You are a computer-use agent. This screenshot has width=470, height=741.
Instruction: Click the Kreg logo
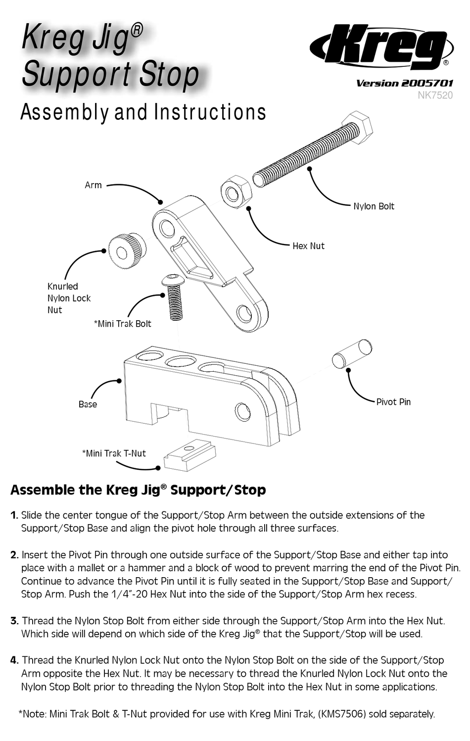pos(381,47)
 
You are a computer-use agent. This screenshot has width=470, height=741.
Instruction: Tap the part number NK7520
pos(435,95)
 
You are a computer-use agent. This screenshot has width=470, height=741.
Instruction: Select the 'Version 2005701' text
pos(404,83)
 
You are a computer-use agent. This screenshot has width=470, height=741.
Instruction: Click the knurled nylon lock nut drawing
pos(126,251)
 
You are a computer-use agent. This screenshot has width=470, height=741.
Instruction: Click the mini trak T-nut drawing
pos(190,455)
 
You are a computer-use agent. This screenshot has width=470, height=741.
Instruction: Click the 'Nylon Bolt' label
pos(374,206)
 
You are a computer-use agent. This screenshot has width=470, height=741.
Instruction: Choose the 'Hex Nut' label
pos(308,246)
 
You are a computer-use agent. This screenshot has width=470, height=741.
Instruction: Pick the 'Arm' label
pos(93,185)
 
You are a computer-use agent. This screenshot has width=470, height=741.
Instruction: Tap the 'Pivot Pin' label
pos(393,402)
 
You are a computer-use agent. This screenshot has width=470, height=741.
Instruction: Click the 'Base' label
pos(88,404)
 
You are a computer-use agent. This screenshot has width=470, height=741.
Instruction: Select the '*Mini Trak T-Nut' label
pos(114,453)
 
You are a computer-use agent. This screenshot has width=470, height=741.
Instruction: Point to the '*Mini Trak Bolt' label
pos(122,324)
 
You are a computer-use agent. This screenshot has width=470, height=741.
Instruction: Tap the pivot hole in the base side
pos(242,412)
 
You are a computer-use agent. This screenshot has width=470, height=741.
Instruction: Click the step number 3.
pos(15,621)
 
